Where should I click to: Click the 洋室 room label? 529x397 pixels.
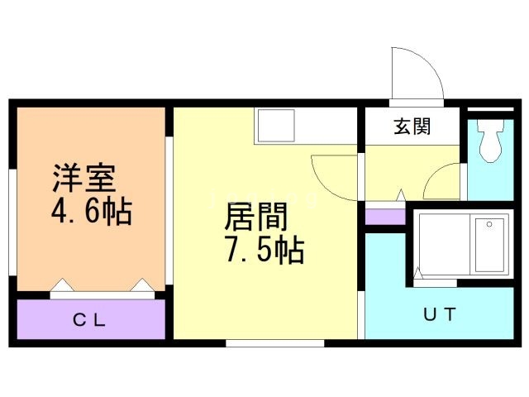click(84, 178)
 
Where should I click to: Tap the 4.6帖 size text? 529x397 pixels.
click(92, 211)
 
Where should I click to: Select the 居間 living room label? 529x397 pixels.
click(255, 217)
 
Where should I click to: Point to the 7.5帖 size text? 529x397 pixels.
click(264, 250)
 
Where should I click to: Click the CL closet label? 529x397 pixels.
click(89, 320)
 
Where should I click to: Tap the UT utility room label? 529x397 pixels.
click(440, 314)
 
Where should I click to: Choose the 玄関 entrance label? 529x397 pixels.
click(412, 127)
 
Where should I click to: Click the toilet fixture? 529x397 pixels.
click(490, 141)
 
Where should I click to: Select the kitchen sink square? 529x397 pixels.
click(276, 126)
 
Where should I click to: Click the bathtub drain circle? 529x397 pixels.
click(489, 224)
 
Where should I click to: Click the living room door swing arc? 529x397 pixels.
click(325, 185)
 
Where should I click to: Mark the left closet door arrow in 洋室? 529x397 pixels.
click(62, 285)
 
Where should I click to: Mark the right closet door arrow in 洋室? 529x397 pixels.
click(142, 285)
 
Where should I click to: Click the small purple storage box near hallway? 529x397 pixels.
click(385, 217)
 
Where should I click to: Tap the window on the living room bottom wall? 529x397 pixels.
click(275, 343)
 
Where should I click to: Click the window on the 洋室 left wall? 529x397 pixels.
click(12, 222)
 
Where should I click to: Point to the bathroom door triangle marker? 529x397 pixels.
click(418, 273)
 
